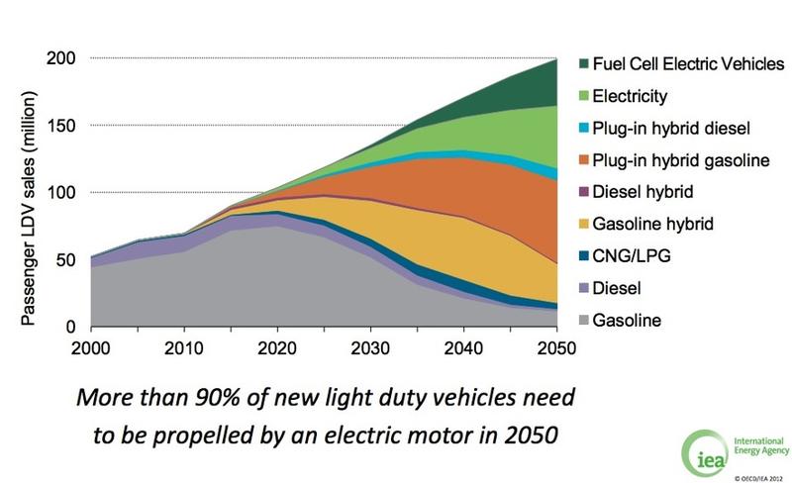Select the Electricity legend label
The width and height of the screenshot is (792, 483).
[x=632, y=97]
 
